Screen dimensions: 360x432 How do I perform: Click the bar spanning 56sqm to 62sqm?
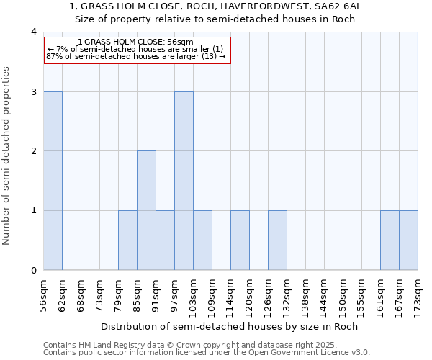[x=53, y=181]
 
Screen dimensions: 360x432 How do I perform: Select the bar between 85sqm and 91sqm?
[x=146, y=210]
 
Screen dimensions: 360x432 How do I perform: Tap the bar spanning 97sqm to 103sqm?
[x=184, y=181]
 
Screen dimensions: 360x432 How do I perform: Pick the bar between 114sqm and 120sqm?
[x=240, y=240]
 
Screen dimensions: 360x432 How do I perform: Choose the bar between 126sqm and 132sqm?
[x=277, y=240]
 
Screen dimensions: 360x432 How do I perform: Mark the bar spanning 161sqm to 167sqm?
[x=390, y=240]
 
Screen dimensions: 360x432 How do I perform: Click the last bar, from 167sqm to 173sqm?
[x=408, y=240]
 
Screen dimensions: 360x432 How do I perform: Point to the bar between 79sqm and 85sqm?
[x=127, y=240]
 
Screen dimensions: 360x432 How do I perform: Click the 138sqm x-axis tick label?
[x=306, y=295]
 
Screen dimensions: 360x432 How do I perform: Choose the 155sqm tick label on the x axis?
[x=362, y=295]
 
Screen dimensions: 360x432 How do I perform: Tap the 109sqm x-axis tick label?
[x=212, y=295]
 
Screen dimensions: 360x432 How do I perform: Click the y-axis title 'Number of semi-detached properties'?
[x=7, y=156]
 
